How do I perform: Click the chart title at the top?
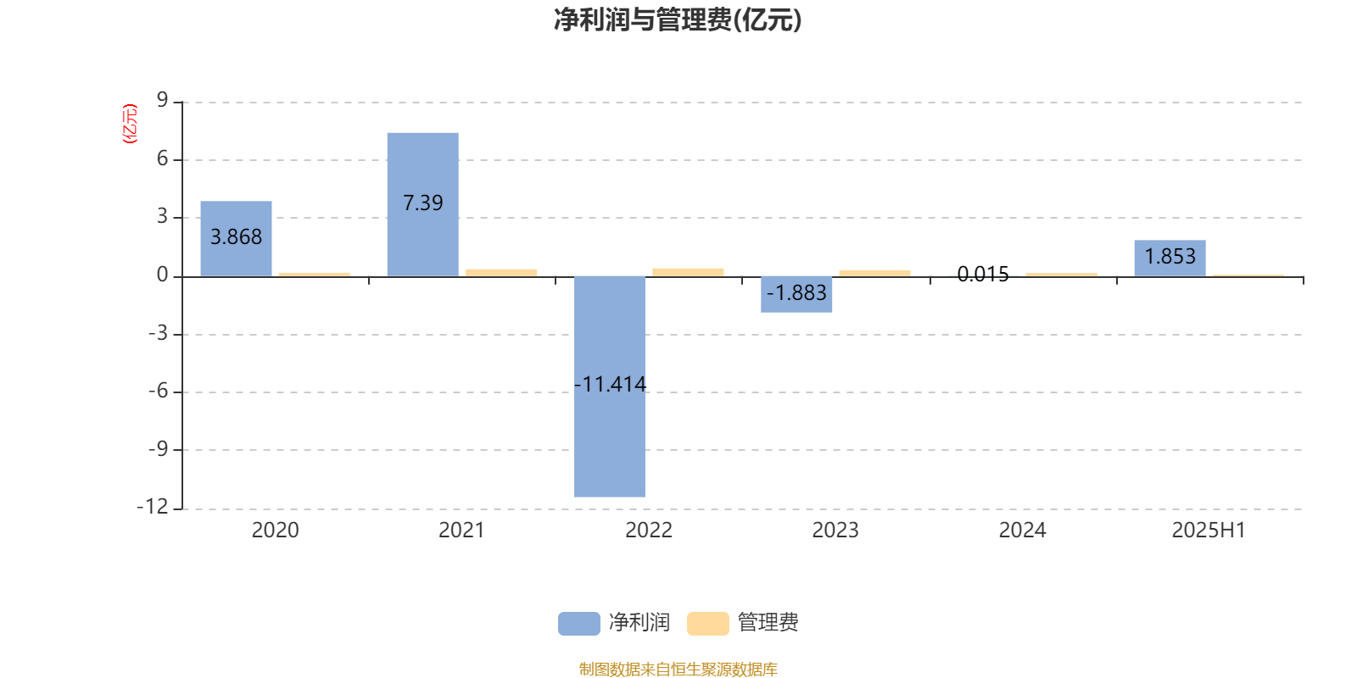(678, 20)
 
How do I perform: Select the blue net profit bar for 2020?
(237, 238)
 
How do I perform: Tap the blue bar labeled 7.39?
(423, 204)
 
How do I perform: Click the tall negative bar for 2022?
(610, 386)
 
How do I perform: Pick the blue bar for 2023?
(796, 294)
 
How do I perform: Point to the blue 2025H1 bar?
(1170, 258)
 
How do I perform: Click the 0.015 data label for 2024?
(983, 275)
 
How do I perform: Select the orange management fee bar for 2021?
(501, 273)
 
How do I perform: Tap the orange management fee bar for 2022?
(688, 272)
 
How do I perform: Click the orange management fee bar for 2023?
(874, 274)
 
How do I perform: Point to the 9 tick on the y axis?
(162, 100)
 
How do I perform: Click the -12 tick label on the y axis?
(153, 507)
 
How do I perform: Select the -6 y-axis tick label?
(158, 391)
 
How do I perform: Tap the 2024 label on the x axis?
(1022, 531)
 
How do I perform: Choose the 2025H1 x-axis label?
(1209, 531)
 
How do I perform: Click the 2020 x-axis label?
(275, 531)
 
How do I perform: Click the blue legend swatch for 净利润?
(579, 624)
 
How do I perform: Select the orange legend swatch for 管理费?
(707, 624)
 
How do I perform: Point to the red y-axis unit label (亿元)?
(130, 124)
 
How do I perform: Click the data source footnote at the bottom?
(678, 669)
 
